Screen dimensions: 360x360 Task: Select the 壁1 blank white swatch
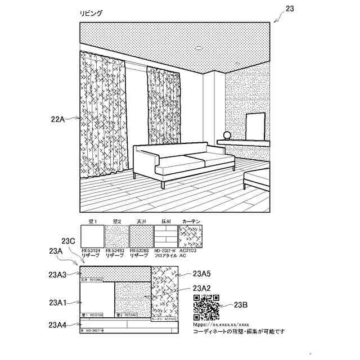pos(92,236)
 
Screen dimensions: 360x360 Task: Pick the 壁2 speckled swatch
pos(116,236)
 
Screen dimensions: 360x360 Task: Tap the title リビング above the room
pos(92,13)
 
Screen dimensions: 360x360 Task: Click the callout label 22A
pos(58,119)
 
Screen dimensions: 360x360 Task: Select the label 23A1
pos(58,303)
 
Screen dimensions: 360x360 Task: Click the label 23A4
pos(58,325)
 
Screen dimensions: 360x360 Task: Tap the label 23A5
pos(201,274)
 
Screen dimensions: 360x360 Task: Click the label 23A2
pos(201,289)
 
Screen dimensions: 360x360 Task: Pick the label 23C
pos(69,240)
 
